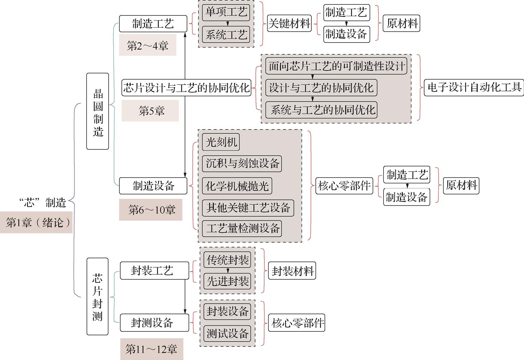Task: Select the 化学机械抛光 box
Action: coord(237,186)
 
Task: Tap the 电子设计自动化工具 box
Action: coord(474,88)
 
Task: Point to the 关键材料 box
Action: coord(289,24)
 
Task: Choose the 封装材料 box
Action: coord(292,271)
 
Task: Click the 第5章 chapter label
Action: coord(150,111)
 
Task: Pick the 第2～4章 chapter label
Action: coord(148,45)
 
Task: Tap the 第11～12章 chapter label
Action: coord(152,349)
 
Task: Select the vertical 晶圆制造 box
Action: coord(98,111)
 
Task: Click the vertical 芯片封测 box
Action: coord(98,296)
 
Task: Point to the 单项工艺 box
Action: coord(226,12)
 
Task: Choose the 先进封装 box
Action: coord(227,281)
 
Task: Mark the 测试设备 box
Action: coord(227,333)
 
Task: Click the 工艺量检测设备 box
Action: coord(242,228)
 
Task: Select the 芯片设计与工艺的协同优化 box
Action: coord(186,88)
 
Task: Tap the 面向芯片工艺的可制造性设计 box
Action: coord(336,66)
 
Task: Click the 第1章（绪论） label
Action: coord(36,222)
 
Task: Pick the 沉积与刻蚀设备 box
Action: coord(242,163)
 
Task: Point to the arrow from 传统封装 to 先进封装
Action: coord(228,270)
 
